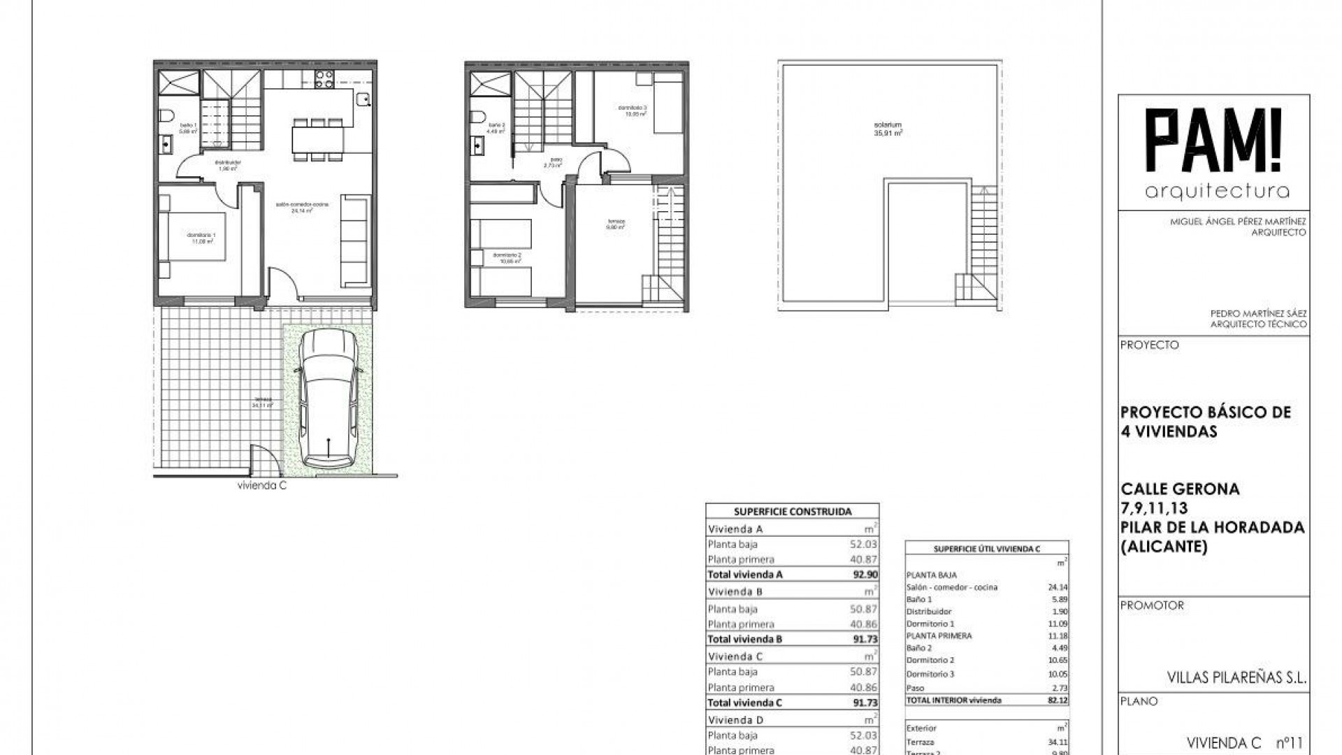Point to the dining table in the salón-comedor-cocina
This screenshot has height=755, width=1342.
point(318,139)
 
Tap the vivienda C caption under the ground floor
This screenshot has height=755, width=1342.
point(262,487)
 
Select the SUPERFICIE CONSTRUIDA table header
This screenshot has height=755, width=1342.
point(793,512)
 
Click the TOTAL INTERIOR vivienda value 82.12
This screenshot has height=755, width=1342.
point(1058,700)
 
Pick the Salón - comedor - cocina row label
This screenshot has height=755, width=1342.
point(952,587)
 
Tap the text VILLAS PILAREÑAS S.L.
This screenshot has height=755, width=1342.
point(1236,677)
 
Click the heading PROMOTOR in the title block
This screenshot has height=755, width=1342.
point(1152,605)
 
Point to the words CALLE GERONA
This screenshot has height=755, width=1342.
point(1180,489)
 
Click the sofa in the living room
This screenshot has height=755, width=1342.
point(356,241)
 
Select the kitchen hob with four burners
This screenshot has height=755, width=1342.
point(324,80)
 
